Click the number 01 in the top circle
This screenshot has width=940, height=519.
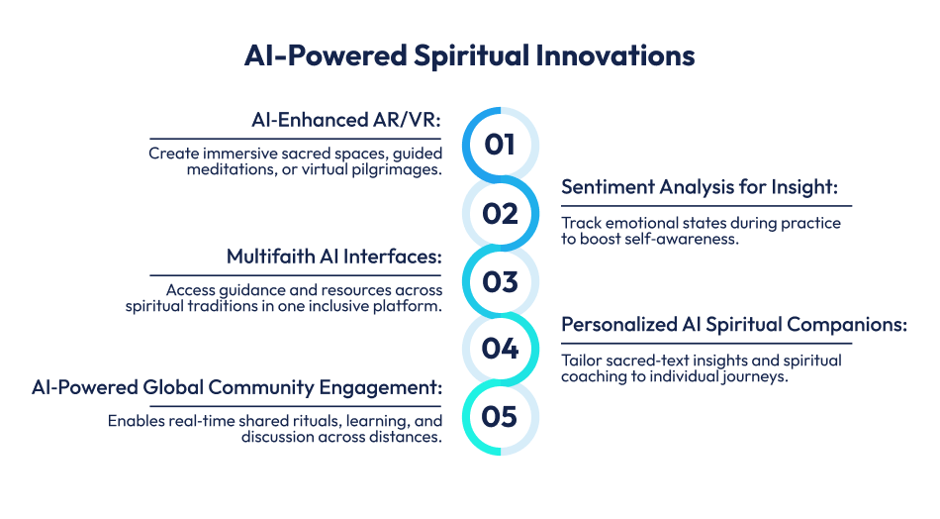coord(500,145)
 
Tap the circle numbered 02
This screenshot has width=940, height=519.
coord(500,213)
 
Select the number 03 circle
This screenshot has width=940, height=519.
coord(500,281)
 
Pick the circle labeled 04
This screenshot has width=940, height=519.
coord(500,349)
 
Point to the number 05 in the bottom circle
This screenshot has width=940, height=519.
coord(500,417)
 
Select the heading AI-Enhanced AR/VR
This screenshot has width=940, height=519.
coord(346,121)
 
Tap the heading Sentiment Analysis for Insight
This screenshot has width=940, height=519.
coord(706,188)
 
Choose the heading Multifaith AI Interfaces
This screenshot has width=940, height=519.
coord(334,258)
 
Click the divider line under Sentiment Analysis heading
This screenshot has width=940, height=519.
coord(706,205)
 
